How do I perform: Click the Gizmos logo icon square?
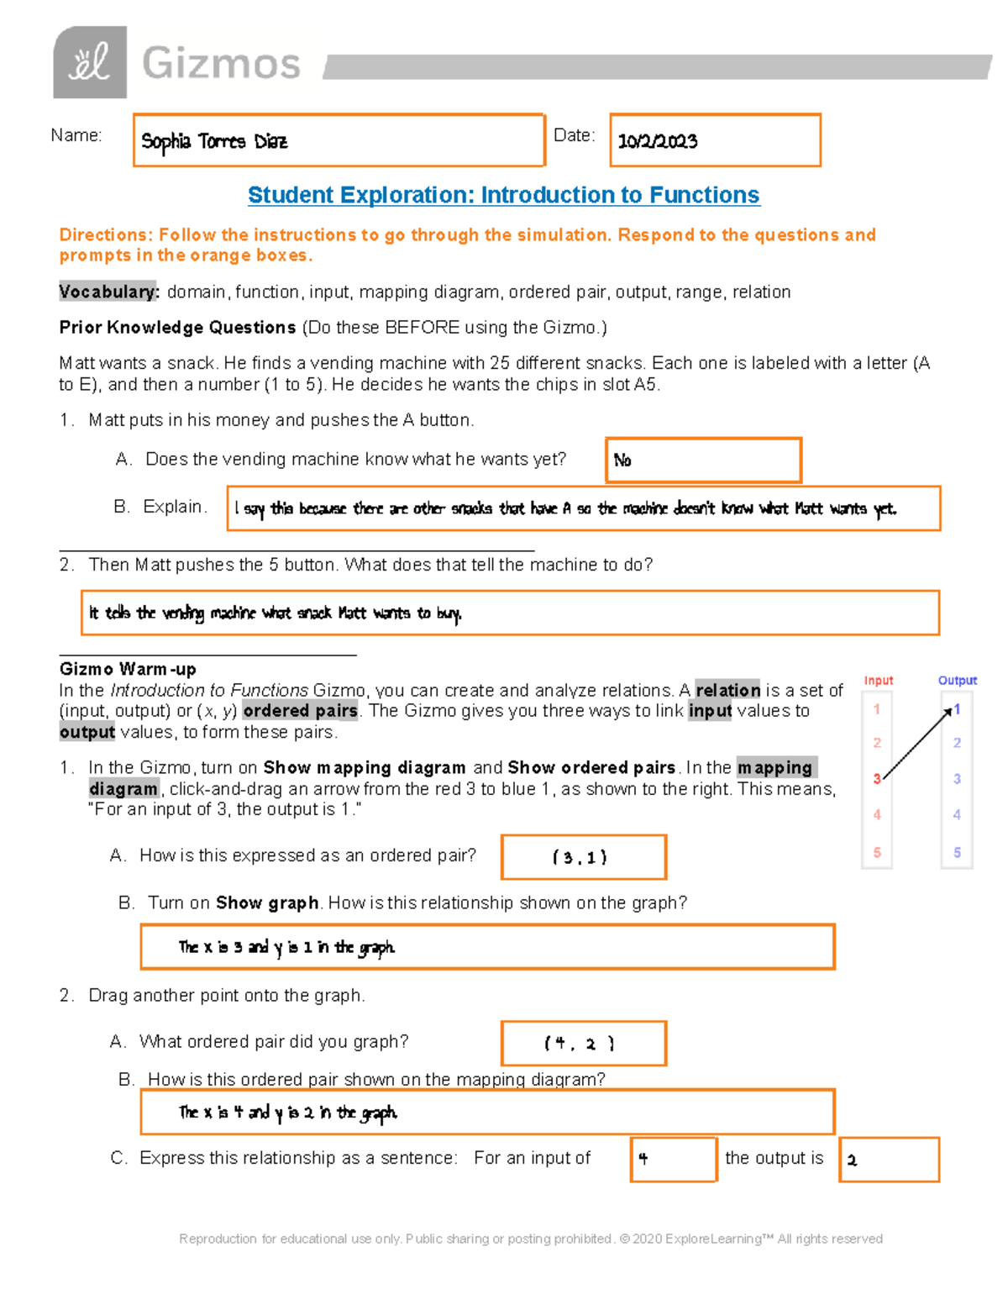[90, 62]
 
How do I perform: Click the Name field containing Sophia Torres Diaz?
[339, 140]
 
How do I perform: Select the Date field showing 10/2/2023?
[714, 140]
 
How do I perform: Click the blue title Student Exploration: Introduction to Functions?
[503, 195]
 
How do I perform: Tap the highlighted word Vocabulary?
[108, 292]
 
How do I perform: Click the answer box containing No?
[702, 460]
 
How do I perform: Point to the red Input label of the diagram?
[878, 681]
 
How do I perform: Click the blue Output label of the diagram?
[957, 681]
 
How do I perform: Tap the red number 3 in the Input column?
[876, 779]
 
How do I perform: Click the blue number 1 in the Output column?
[957, 710]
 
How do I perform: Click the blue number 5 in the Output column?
[957, 852]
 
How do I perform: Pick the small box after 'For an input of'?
[673, 1160]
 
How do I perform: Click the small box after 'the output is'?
[889, 1160]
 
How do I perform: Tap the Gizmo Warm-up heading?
[128, 669]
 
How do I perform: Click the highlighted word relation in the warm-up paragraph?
[727, 690]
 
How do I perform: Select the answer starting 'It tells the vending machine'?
[509, 613]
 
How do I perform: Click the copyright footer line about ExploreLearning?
[530, 1239]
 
